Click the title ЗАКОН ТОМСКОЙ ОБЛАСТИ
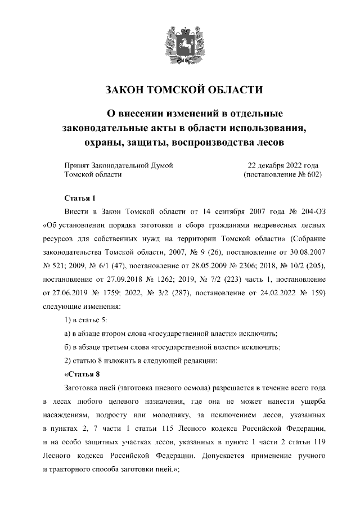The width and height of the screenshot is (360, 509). coord(179,90)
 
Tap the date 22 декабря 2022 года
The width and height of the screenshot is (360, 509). coord(283,165)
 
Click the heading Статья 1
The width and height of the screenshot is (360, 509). coord(80,198)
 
